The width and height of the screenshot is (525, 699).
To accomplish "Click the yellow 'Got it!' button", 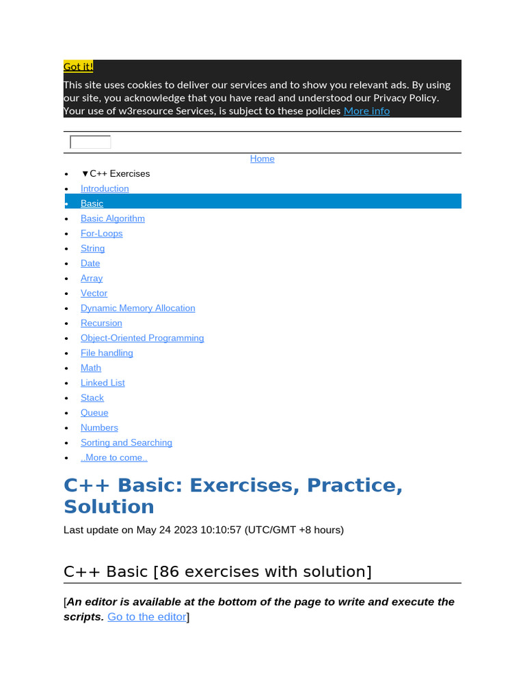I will point(78,66).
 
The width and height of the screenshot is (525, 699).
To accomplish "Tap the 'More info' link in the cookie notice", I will point(366,111).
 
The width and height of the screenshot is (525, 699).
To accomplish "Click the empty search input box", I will point(90,142).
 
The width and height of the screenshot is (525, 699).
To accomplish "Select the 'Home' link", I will point(262,158).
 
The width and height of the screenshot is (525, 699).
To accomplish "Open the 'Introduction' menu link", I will point(105,188).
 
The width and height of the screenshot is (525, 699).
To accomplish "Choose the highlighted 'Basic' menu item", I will point(92,203).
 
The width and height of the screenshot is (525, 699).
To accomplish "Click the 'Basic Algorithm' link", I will point(113,218).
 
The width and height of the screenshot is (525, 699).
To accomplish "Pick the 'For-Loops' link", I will point(102,233).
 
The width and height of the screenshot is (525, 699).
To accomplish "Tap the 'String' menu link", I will point(93,248).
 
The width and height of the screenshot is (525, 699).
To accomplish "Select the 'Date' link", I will point(90,263).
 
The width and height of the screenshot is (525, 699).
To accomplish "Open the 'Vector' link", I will point(94,294).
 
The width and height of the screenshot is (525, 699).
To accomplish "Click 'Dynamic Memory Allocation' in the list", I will point(138,309).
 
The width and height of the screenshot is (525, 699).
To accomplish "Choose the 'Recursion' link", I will point(101,324).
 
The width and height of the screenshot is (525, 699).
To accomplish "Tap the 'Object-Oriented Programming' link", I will point(142,339).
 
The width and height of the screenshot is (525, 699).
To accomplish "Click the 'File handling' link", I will point(107,354).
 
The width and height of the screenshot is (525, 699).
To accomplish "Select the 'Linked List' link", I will point(103,383).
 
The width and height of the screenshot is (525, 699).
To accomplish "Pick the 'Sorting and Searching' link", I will point(126,443).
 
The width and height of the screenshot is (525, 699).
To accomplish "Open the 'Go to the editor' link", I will point(147,617).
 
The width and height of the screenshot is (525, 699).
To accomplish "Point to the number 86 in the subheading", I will point(170,571).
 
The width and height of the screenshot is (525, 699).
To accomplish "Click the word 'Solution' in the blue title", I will point(109,507).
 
